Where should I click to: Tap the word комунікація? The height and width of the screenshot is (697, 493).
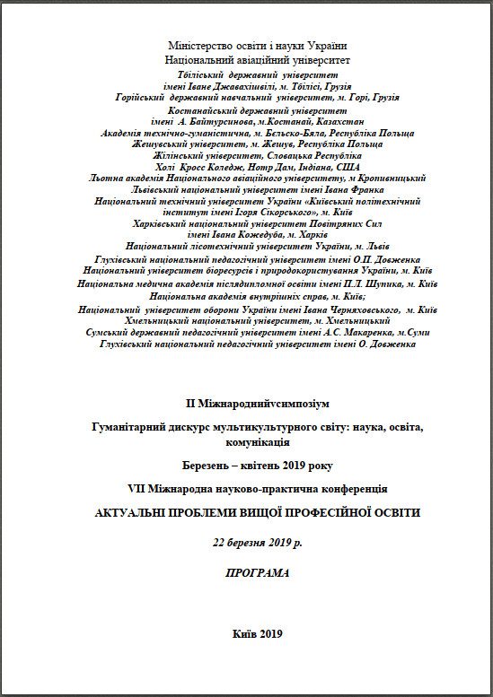tap(258, 442)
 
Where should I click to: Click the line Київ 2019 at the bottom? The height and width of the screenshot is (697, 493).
tap(258, 633)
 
